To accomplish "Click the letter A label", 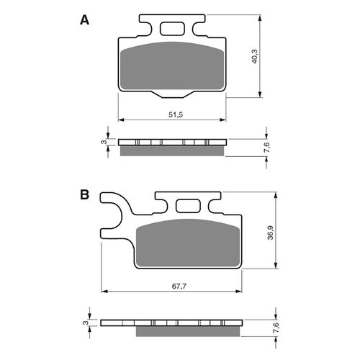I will pyautogui.click(x=84, y=21).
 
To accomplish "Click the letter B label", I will pyautogui.click(x=84, y=195).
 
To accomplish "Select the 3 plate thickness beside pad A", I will pyautogui.click(x=104, y=143).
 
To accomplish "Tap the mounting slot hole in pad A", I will pyautogui.click(x=173, y=30).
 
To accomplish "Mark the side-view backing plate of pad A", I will pyautogui.click(x=173, y=142).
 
